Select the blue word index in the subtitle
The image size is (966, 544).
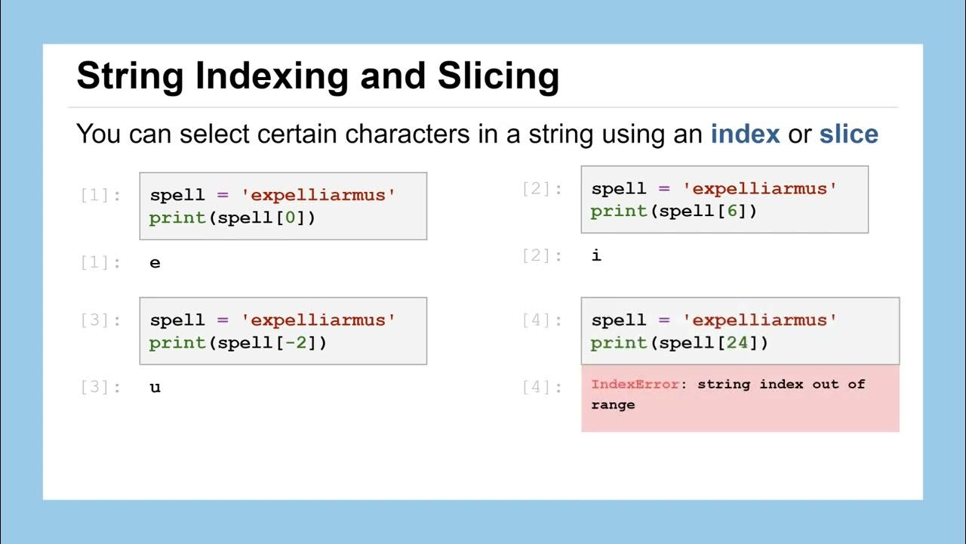point(745,134)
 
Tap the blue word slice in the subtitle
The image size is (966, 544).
point(848,134)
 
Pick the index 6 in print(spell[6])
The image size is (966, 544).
point(732,211)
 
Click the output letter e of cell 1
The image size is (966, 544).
point(155,263)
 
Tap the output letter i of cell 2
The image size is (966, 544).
point(596,255)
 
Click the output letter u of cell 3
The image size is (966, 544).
point(155,388)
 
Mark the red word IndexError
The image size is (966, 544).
point(635,384)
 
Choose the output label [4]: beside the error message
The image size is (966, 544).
point(542,388)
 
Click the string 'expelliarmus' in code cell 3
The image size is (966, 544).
point(318,320)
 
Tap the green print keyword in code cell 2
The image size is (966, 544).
point(619,211)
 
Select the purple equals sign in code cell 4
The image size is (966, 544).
point(664,320)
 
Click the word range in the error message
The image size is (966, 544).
point(613,404)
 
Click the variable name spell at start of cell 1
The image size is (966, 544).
point(177,195)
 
